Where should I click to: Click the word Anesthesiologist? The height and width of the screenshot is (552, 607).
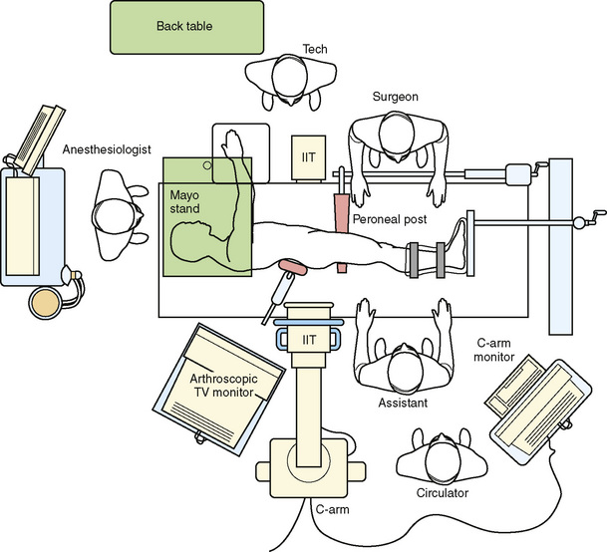click(107, 150)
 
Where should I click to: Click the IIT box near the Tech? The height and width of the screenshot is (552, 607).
click(305, 158)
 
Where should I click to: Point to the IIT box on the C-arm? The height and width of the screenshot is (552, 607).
click(311, 340)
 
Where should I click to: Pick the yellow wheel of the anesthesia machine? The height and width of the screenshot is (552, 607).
click(46, 300)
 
